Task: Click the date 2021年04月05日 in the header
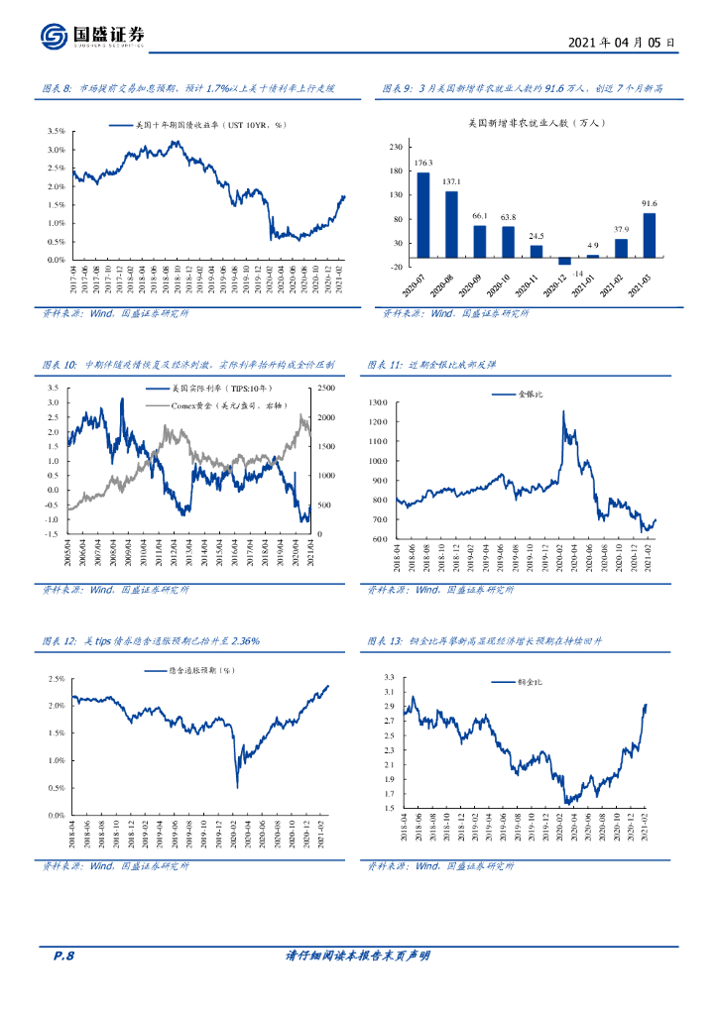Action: click(x=624, y=43)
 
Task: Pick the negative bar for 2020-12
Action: click(x=565, y=261)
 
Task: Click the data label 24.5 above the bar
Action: click(x=536, y=236)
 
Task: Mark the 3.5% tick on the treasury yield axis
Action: click(x=56, y=131)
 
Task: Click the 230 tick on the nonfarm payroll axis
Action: click(x=396, y=147)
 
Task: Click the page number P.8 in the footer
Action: click(x=63, y=956)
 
